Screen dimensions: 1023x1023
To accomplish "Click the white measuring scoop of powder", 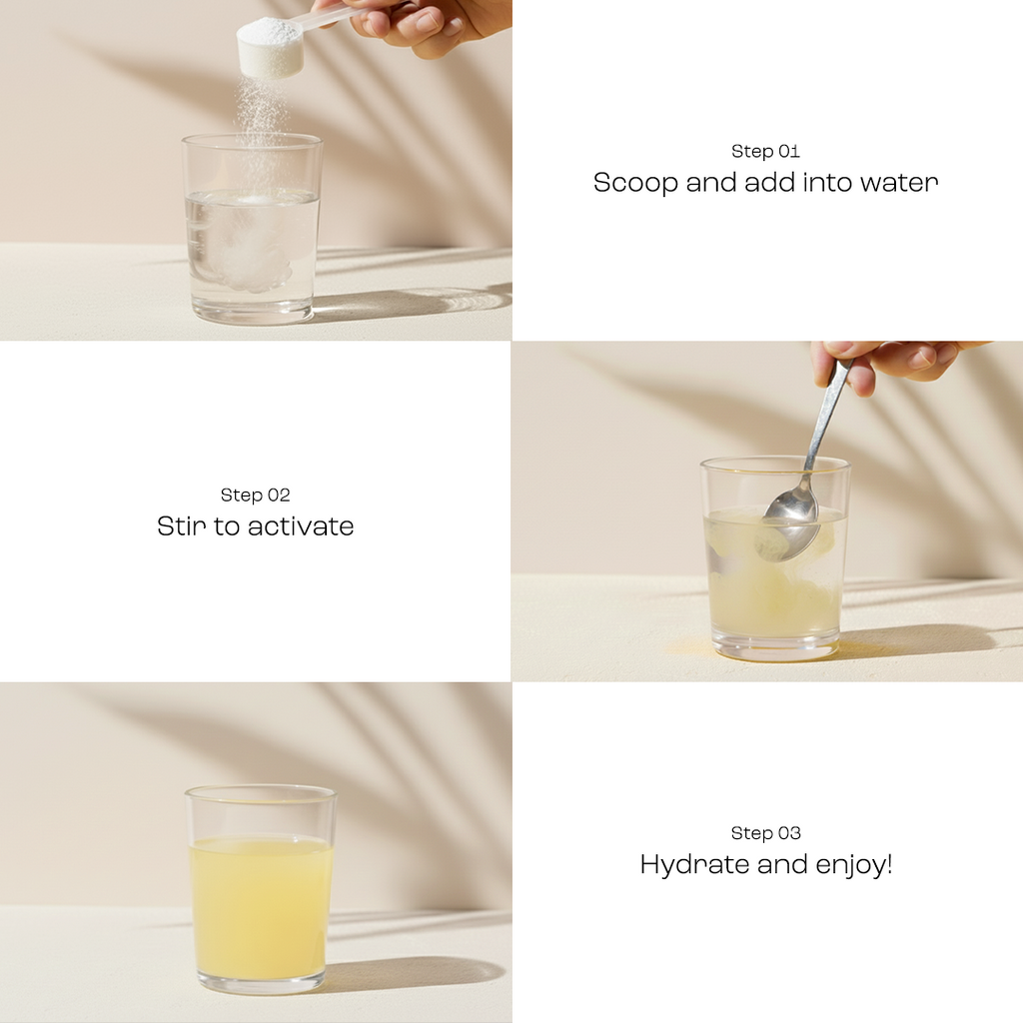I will (x=270, y=46).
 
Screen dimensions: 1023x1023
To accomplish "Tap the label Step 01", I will (x=765, y=152).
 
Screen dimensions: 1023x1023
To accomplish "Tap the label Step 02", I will (x=255, y=496).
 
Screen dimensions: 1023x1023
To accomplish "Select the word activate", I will (x=301, y=526).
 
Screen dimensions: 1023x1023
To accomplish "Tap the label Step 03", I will (x=765, y=833).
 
